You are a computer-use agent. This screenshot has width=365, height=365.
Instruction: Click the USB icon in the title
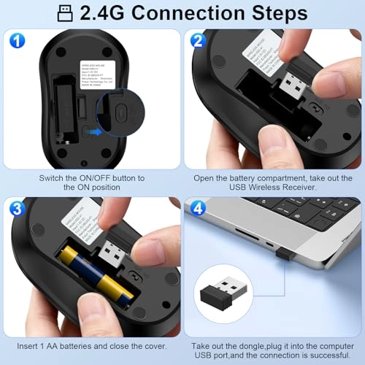tap(65, 13)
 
